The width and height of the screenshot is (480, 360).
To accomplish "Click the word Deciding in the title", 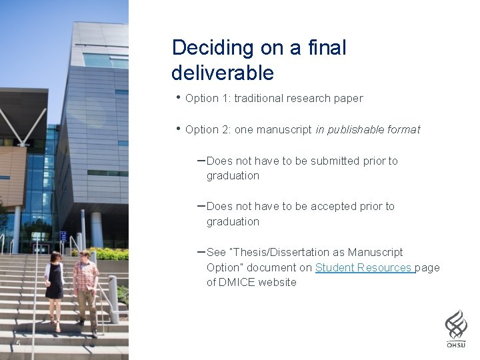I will [x=203, y=49].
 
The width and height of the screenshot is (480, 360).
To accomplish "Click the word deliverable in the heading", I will [x=223, y=72].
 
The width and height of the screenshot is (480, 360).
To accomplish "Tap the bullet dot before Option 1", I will [x=178, y=97].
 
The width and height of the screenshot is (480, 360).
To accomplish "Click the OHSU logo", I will [x=456, y=329].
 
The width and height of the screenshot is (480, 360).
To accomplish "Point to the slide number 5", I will [x=18, y=344].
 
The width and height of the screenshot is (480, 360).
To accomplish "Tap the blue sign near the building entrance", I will [x=63, y=236].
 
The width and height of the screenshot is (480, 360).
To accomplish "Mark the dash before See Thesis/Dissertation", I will [x=201, y=252].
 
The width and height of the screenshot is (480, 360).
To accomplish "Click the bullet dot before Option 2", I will [x=178, y=128].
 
